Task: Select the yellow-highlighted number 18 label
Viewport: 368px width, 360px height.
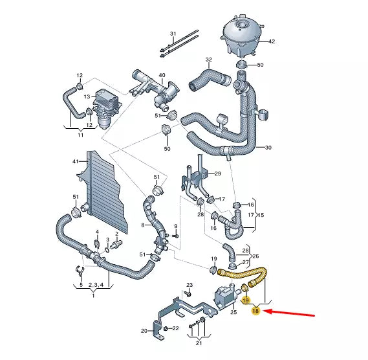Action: pyautogui.click(x=256, y=311)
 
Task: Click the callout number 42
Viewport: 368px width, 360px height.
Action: pyautogui.click(x=272, y=41)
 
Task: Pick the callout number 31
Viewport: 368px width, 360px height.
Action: pyautogui.click(x=173, y=34)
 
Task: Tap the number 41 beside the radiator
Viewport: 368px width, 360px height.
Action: pyautogui.click(x=75, y=161)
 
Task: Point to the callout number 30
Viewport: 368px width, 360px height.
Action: pyautogui.click(x=268, y=148)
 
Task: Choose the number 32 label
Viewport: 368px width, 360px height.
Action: pyautogui.click(x=208, y=60)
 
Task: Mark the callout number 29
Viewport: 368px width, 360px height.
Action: pyautogui.click(x=218, y=174)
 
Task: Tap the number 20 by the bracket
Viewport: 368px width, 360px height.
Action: pyautogui.click(x=144, y=331)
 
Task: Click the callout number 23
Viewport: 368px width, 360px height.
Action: pyautogui.click(x=189, y=285)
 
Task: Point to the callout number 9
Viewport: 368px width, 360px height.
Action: pyautogui.click(x=175, y=226)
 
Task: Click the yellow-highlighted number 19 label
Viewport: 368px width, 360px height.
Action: pyautogui.click(x=246, y=300)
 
